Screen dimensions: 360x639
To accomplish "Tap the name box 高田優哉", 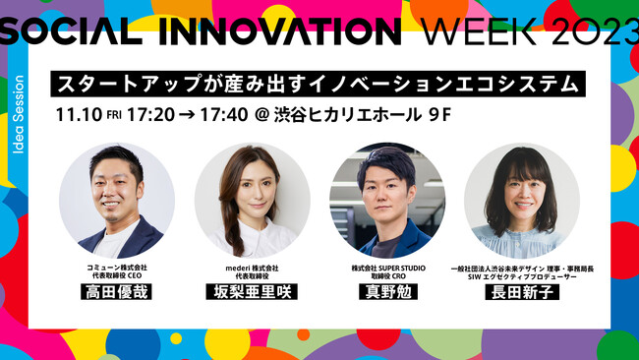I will click(x=116, y=292).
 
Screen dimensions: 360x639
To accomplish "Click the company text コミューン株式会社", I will click(x=116, y=268).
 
